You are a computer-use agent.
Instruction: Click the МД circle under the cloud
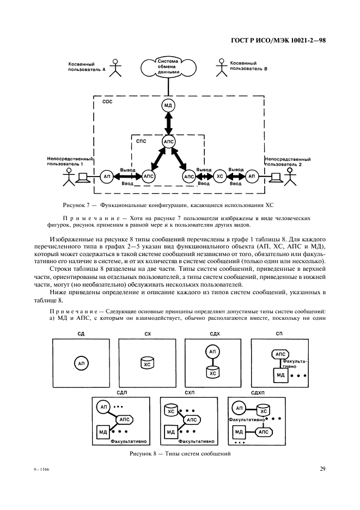click(x=168, y=104)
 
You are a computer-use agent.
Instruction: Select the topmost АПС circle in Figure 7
click(x=168, y=142)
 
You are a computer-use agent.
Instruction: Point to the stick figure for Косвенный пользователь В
click(x=221, y=67)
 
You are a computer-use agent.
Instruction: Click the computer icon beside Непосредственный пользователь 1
click(x=83, y=177)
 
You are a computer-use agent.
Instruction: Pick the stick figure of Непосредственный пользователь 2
click(x=290, y=177)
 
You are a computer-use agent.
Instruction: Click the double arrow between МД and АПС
click(x=168, y=123)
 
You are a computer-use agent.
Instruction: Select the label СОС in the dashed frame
click(x=107, y=102)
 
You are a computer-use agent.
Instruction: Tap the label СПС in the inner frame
click(x=142, y=140)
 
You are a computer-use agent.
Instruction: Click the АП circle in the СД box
click(x=81, y=363)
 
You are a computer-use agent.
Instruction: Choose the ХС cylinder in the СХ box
click(x=147, y=363)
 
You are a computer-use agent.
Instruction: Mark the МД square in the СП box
click(x=280, y=375)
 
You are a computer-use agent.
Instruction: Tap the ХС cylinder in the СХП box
click(x=171, y=411)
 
